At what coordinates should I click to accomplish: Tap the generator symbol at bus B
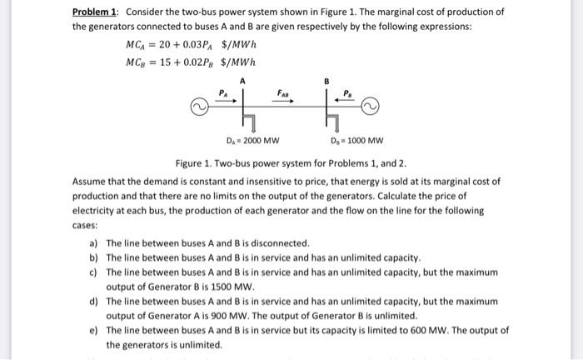pyautogui.click(x=369, y=107)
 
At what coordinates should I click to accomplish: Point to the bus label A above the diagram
pyautogui.click(x=242, y=81)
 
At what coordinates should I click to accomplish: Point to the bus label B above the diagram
pyautogui.click(x=327, y=81)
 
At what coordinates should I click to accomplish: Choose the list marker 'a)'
pyautogui.click(x=93, y=243)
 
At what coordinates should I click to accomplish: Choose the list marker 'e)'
pyautogui.click(x=93, y=330)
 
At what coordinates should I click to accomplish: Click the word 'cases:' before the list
pyautogui.click(x=85, y=225)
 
